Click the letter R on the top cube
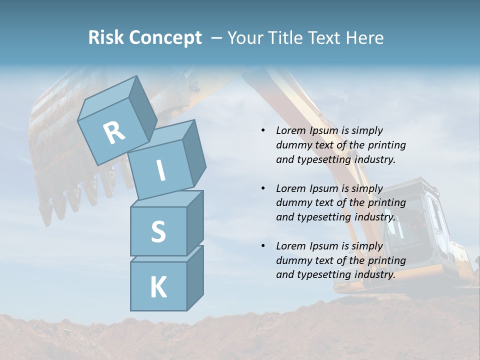point(114,132)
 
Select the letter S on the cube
point(158,231)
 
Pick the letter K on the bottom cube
point(158,287)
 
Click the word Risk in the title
point(106,37)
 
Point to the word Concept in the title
point(165,38)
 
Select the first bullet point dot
point(263,130)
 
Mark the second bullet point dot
point(263,188)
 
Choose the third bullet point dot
point(263,246)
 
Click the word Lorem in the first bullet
point(290,130)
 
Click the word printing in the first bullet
point(386,145)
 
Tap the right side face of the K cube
point(195,277)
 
